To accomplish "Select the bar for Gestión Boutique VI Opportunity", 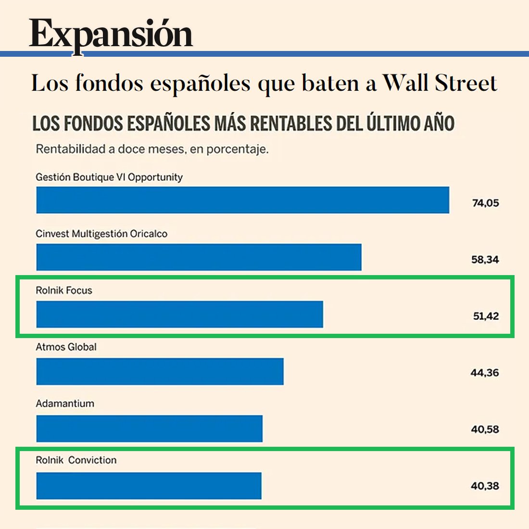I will point(242,200).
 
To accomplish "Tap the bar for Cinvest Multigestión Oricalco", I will point(199,257).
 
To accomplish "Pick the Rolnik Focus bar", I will point(179,314).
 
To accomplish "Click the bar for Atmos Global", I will point(160,371).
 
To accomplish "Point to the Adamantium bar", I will point(149,428).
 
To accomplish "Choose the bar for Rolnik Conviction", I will point(149,486).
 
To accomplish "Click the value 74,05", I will point(485,203).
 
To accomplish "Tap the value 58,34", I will point(485,260).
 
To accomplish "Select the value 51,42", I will point(486,316).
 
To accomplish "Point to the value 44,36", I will point(484,373).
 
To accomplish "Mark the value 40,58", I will point(485,429).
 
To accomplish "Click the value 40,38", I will point(485,486).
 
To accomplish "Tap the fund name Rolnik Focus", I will point(64,290).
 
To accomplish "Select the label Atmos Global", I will point(66,347).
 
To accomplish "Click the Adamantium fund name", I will point(65,403).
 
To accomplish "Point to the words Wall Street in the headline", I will point(440,83).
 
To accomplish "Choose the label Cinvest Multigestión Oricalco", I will point(101,234).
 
